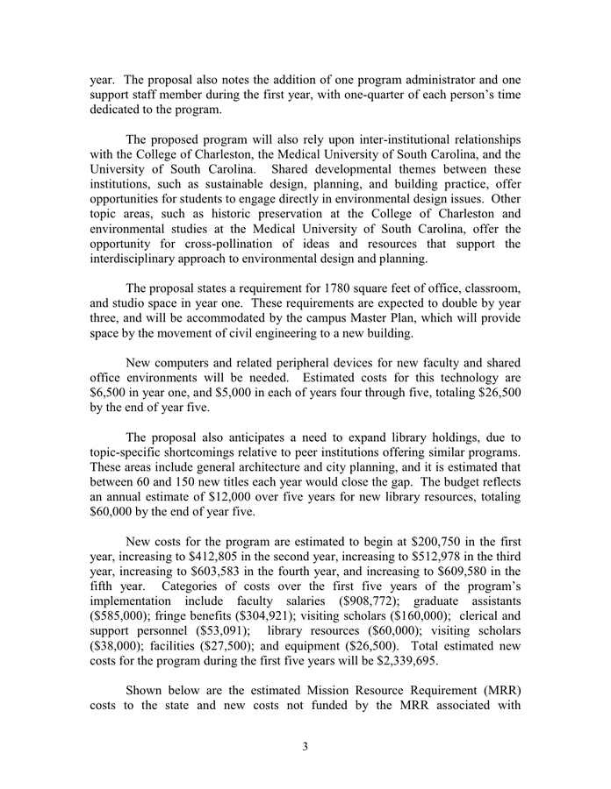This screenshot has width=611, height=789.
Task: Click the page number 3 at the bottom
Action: click(x=305, y=747)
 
